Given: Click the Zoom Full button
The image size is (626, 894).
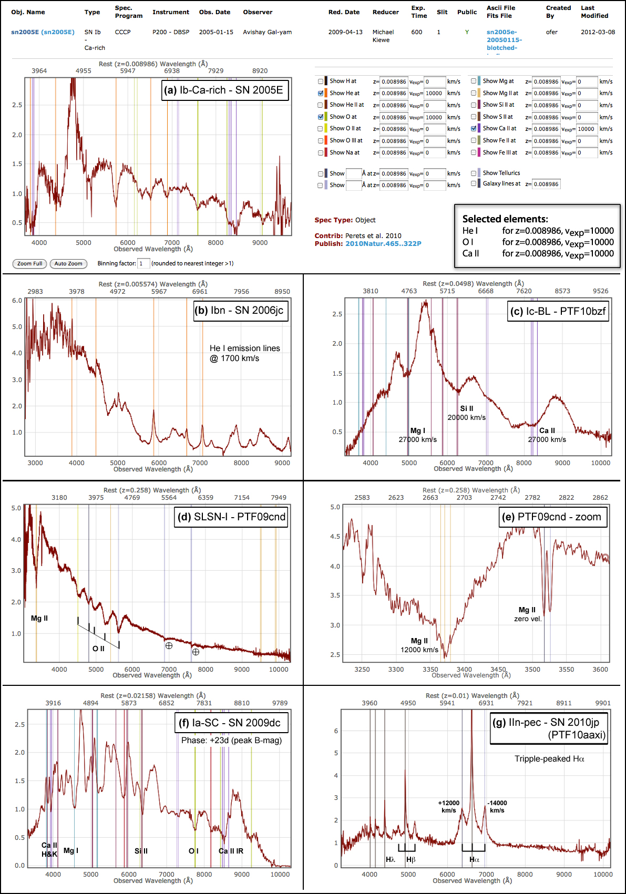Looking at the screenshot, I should tap(29, 263).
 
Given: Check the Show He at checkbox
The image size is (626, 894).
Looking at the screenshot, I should tap(321, 93).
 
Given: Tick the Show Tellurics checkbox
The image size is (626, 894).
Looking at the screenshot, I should tap(474, 173).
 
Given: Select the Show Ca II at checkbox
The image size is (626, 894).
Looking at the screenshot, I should tap(474, 128).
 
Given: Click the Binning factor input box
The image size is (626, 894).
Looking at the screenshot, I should tap(143, 263).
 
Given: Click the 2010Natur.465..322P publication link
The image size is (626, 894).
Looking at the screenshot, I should tap(383, 244).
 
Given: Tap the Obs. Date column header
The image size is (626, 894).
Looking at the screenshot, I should tap(214, 12).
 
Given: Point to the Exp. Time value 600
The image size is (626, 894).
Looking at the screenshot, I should tap(417, 32).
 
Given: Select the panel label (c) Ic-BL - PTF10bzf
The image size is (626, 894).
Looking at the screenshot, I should tap(558, 311).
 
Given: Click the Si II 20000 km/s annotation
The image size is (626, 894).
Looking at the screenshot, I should tap(467, 413).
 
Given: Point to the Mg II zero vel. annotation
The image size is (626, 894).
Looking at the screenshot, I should tap(527, 614).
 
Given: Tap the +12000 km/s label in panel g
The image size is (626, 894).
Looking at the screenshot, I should tap(449, 806).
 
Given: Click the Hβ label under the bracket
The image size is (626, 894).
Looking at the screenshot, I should tap(411, 859).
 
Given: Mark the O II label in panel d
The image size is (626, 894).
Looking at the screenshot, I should tap(98, 649).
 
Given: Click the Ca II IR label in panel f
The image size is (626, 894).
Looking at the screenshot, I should tap(231, 851).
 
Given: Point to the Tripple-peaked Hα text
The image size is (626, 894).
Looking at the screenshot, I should tap(549, 758).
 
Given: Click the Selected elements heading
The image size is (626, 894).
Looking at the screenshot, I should tap(505, 219).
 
